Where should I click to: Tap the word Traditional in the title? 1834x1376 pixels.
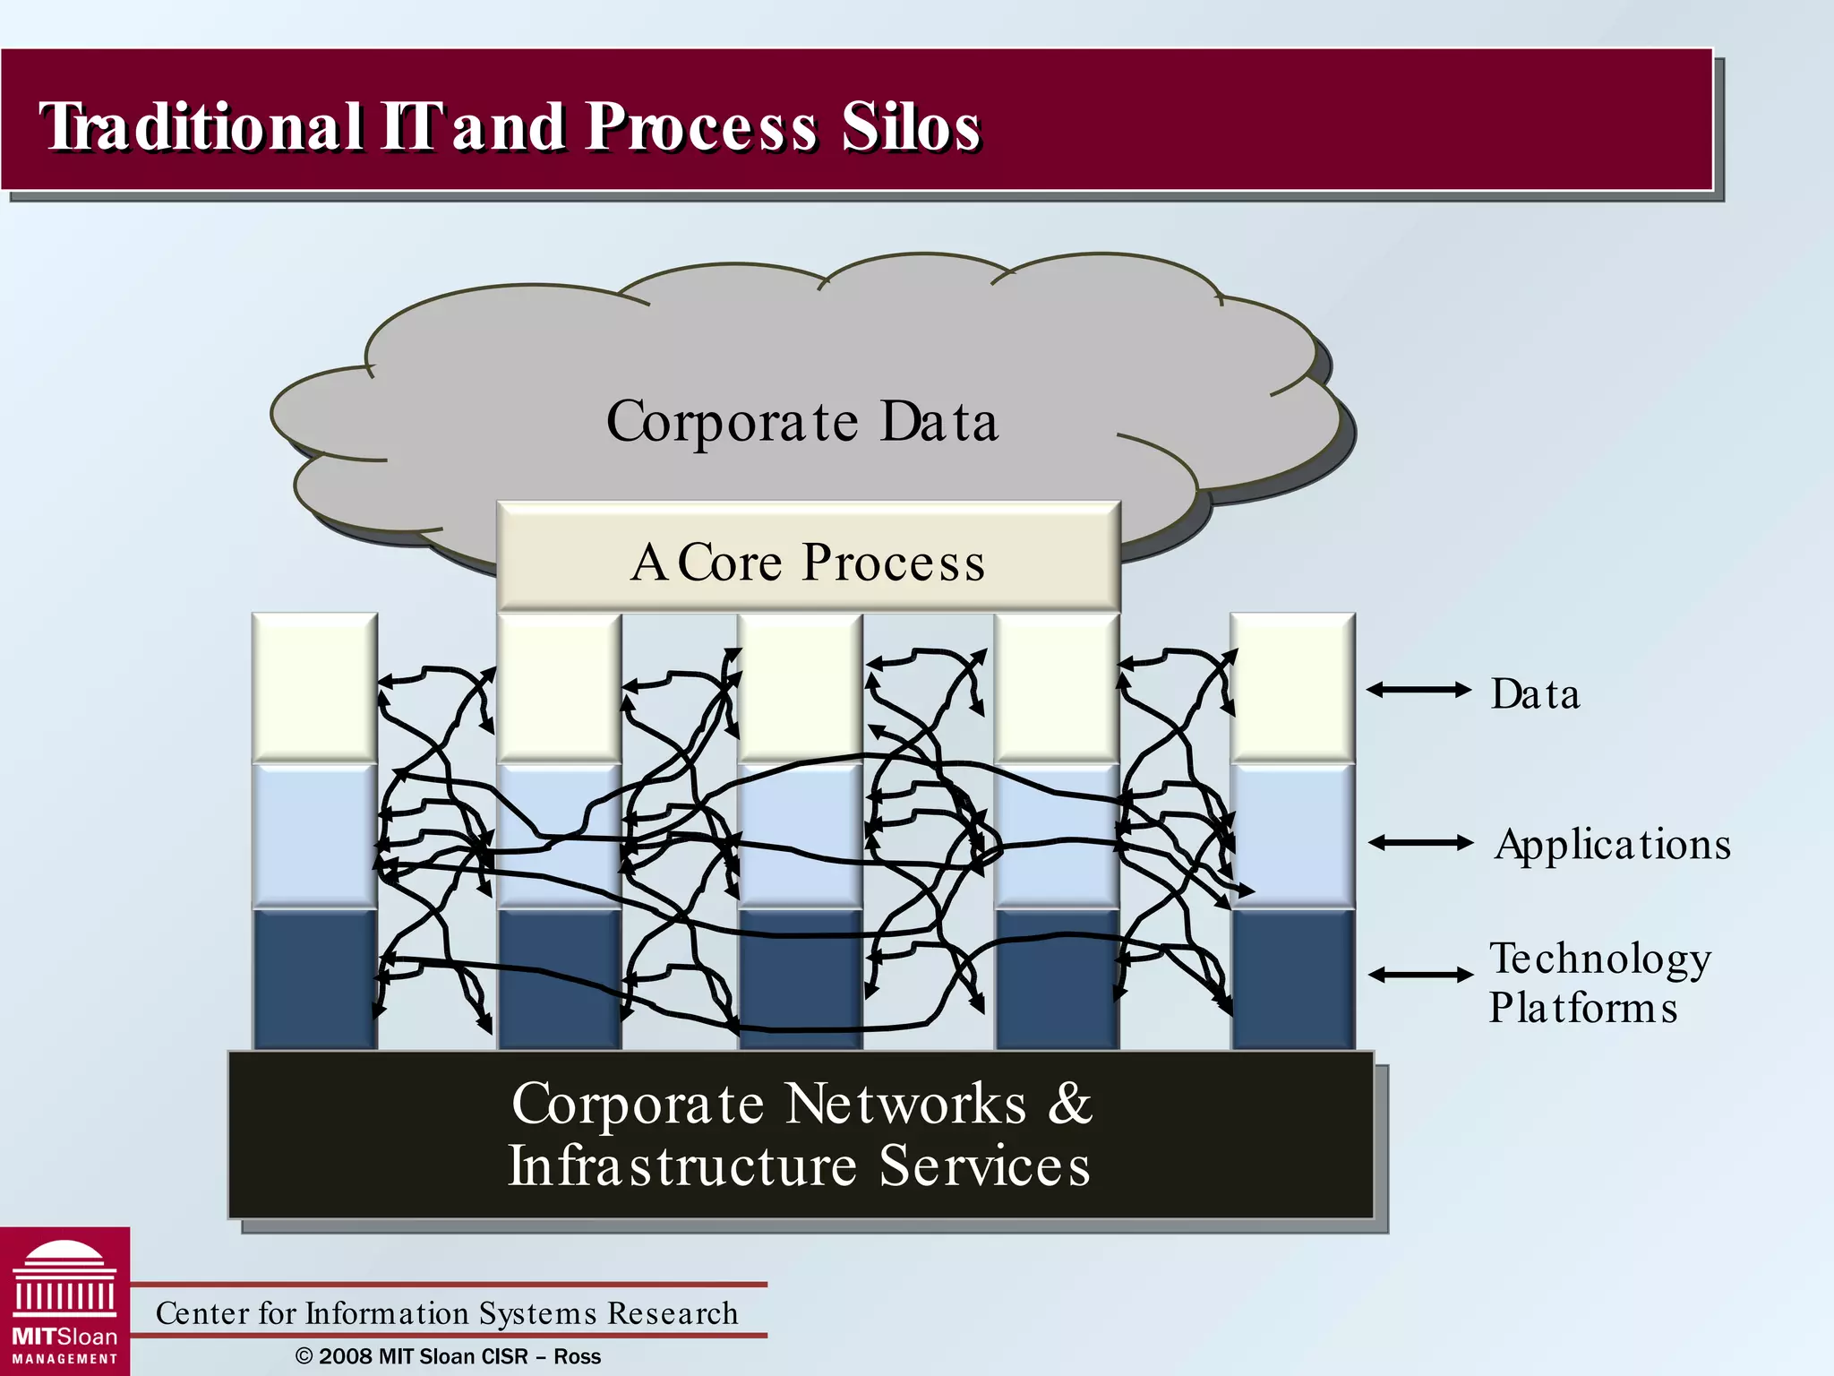tap(201, 127)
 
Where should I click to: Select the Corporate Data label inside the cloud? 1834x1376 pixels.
tap(801, 421)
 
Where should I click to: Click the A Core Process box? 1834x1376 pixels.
tap(808, 562)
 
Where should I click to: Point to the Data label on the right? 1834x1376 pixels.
tap(1535, 694)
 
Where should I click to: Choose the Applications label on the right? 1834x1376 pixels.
tap(1612, 844)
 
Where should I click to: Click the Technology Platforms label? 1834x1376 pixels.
tap(1599, 983)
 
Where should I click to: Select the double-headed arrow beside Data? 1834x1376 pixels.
tap(1418, 690)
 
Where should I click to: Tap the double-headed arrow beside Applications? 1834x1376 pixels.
tap(1420, 842)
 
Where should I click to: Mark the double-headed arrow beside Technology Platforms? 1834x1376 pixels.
tap(1420, 975)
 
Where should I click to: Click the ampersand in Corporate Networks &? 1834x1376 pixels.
tap(1070, 1103)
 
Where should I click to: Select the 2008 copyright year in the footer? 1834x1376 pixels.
tap(346, 1356)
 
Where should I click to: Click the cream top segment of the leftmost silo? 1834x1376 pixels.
tap(314, 688)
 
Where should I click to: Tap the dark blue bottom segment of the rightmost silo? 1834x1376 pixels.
tap(1292, 978)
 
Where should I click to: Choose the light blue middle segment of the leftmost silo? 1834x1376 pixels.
tap(314, 836)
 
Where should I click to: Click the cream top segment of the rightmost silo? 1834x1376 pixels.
tap(1292, 688)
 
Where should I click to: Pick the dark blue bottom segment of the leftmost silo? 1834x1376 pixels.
tap(314, 978)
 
